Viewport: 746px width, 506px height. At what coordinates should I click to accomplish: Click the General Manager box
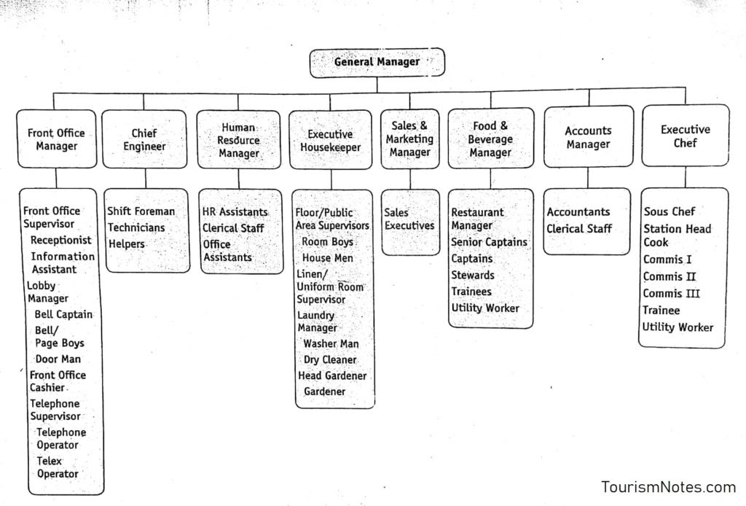pos(377,62)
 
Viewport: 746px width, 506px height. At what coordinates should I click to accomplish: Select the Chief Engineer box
pos(144,139)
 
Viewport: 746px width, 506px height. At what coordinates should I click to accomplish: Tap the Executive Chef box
pos(685,136)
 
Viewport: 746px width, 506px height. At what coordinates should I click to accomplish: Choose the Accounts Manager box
pos(588,138)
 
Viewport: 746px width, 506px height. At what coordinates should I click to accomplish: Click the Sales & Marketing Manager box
pos(409,139)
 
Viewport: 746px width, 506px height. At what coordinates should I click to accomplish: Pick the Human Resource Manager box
pos(238,140)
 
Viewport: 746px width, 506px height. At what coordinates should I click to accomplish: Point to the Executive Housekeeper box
pos(329,141)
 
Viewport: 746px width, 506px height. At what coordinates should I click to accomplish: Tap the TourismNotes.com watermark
pos(668,487)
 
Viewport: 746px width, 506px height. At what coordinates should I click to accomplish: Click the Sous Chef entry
pos(669,211)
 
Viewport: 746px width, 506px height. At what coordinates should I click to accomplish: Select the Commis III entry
pos(671,294)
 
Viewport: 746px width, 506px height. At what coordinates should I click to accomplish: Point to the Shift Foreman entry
pos(141,211)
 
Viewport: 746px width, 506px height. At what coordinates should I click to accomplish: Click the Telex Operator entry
pos(57,467)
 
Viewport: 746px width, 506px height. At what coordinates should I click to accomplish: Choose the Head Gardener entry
pos(332,376)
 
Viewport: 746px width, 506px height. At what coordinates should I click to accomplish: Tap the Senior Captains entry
pos(489,242)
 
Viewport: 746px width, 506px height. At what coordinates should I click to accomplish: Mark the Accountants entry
pos(578,212)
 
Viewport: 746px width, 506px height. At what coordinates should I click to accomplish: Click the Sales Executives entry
pos(409,219)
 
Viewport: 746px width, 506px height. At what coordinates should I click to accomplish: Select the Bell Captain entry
pos(63,315)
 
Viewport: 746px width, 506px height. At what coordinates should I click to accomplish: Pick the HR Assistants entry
pos(235,211)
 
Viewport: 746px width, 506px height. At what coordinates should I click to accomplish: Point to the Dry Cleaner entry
pos(330,360)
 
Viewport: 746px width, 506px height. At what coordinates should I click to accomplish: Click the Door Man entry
pos(58,359)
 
